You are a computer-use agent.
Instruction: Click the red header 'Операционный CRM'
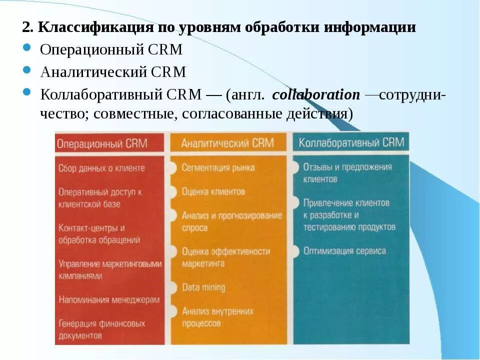(102, 143)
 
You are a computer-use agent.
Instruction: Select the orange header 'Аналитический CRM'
(227, 143)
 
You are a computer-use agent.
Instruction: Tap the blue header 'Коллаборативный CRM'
(351, 142)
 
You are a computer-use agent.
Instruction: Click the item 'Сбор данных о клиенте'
(101, 168)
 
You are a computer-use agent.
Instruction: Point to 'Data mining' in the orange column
(203, 287)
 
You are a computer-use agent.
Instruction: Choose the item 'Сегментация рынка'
(218, 168)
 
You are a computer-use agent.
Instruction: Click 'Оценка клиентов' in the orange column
(213, 191)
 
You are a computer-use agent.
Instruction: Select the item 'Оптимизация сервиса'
(344, 251)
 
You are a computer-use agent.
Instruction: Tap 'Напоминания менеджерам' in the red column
(109, 300)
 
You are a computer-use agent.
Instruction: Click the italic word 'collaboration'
(316, 95)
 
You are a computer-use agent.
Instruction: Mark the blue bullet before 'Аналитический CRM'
(27, 71)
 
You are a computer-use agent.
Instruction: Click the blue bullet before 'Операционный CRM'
(27, 48)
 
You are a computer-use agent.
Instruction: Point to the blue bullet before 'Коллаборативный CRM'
(27, 93)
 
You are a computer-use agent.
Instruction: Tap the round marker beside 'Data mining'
(172, 287)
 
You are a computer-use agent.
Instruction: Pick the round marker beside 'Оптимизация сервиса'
(295, 250)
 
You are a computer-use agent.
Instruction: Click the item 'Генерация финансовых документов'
(101, 329)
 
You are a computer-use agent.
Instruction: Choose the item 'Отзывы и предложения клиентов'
(347, 173)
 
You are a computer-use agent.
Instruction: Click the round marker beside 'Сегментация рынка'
(172, 168)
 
